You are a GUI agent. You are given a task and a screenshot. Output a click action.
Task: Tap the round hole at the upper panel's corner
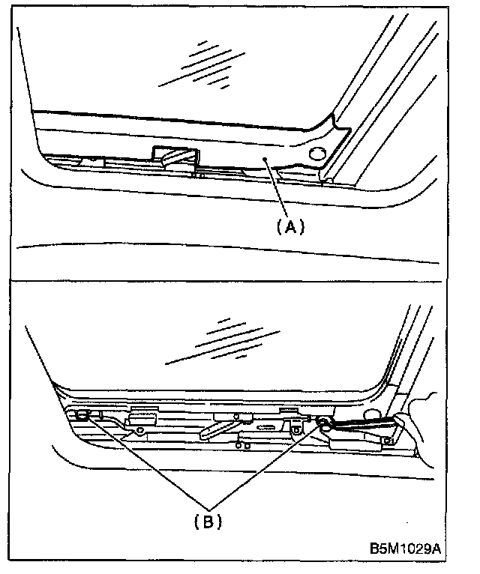316,154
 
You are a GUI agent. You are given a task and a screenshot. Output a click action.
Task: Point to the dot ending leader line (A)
264,160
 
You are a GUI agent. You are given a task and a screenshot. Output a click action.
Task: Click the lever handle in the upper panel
174,157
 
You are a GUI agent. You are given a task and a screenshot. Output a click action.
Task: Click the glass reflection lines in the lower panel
225,341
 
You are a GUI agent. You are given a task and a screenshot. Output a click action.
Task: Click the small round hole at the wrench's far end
388,440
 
